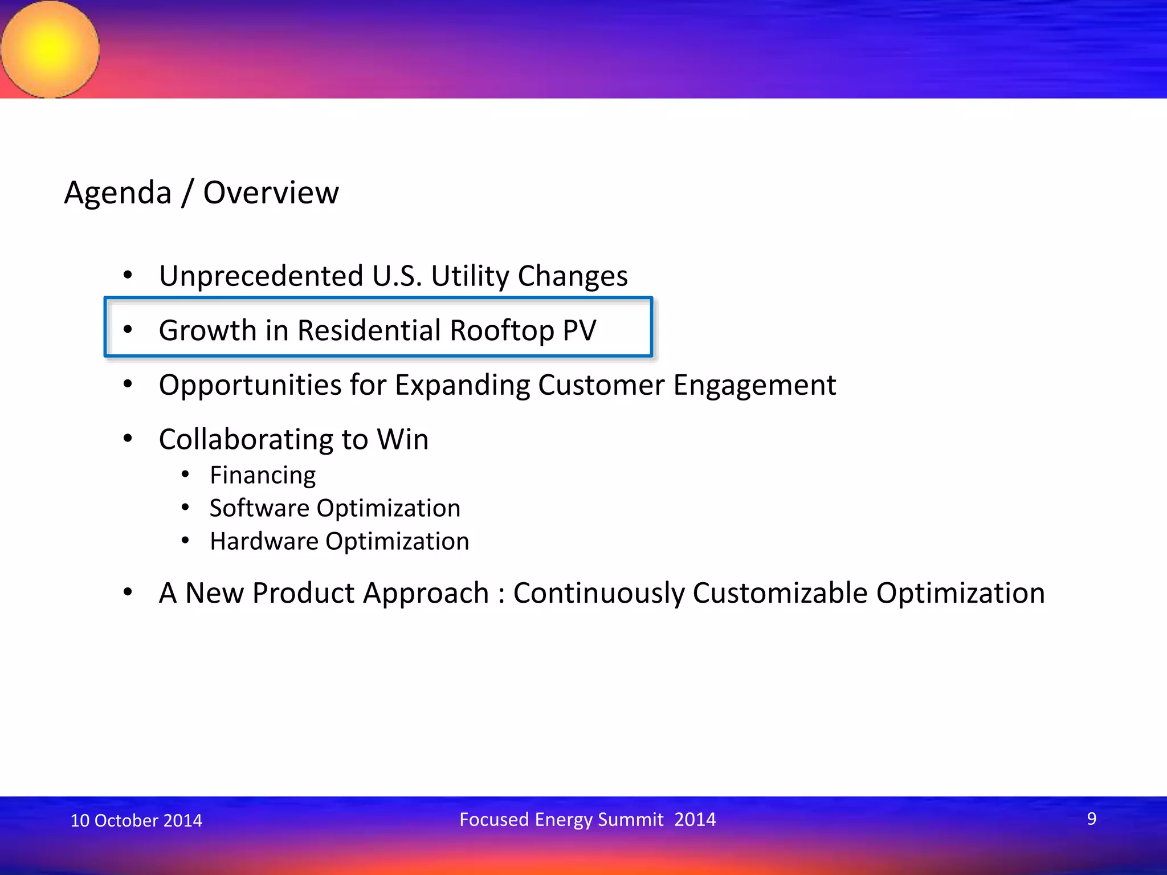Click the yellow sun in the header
[x=50, y=49]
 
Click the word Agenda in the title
[x=118, y=193]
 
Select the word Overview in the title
[x=271, y=193]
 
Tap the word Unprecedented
[x=261, y=276]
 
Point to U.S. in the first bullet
[x=397, y=276]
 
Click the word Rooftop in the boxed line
[x=501, y=331]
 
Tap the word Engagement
[x=754, y=386]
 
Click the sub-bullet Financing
[x=263, y=476]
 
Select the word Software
[x=259, y=508]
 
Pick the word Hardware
[x=264, y=541]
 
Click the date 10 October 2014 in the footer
[x=136, y=820]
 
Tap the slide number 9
[x=1091, y=819]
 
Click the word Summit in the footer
[x=630, y=820]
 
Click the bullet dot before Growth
[x=128, y=329]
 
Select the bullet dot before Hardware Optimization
[x=185, y=540]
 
